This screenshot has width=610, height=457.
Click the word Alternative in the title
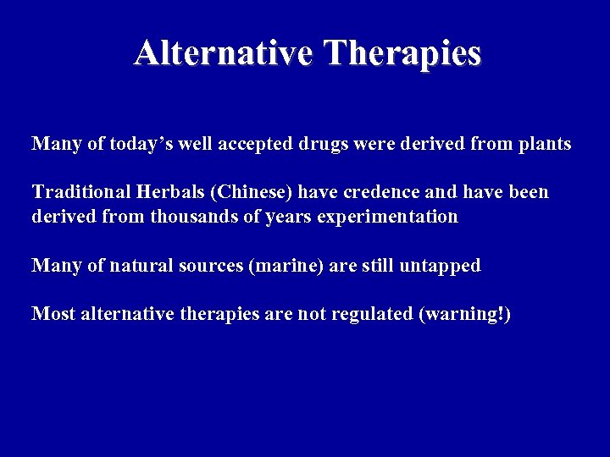[225, 52]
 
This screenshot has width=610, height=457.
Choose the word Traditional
[75, 192]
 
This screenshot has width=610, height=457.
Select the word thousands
[191, 217]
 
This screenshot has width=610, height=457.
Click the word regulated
[371, 314]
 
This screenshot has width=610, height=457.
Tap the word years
[287, 217]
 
